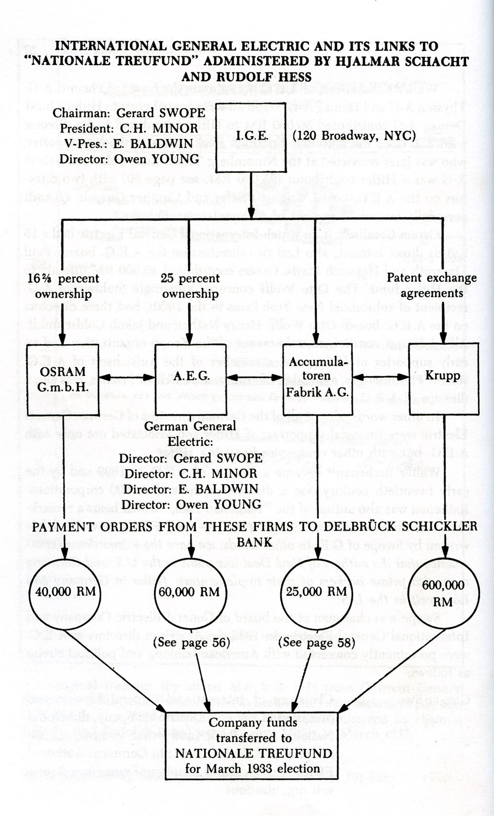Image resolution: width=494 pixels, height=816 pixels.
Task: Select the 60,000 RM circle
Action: (190, 591)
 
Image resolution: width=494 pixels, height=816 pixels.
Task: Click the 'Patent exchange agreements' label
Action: (431, 285)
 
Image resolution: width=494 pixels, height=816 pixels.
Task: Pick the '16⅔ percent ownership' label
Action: (60, 286)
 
